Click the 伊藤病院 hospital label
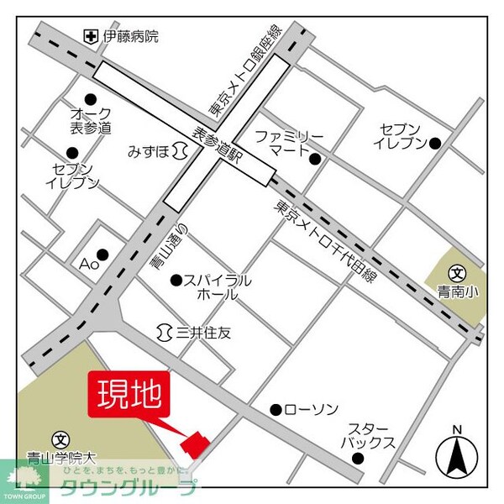coord(130,36)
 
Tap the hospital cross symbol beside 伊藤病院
coord(91,36)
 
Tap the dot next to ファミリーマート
coord(315,159)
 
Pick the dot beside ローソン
coord(276,409)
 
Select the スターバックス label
coord(366,436)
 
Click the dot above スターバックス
coord(359,459)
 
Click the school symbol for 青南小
coord(457,273)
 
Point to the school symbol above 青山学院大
coord(60,439)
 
